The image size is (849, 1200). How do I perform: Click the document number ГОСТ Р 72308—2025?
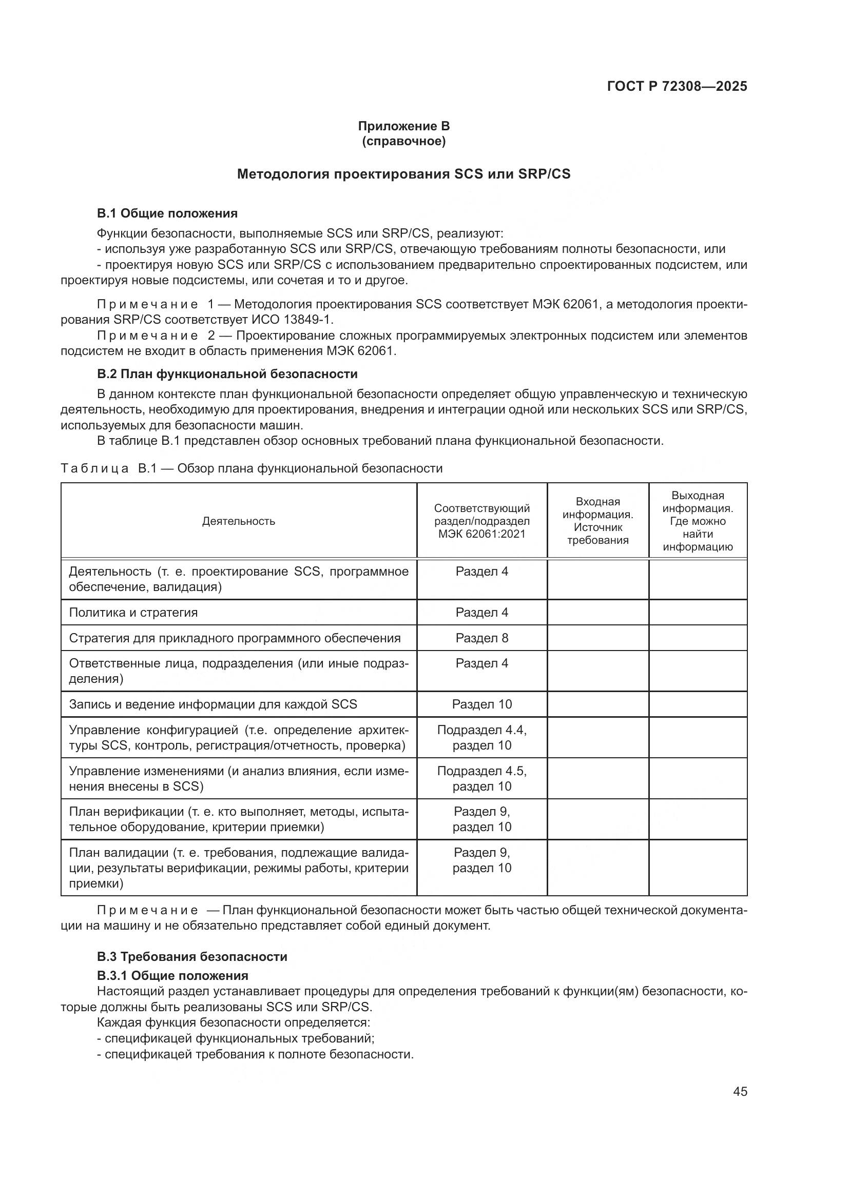tap(677, 87)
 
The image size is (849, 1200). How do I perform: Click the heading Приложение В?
tap(403, 126)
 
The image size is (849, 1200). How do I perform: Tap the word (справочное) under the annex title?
tap(403, 142)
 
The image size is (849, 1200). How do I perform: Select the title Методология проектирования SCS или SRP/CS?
tap(403, 174)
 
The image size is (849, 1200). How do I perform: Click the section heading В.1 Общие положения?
tap(167, 213)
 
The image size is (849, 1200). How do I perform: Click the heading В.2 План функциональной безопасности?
tap(227, 373)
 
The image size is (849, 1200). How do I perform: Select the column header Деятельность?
tap(238, 521)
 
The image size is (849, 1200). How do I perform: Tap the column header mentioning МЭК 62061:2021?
tap(481, 521)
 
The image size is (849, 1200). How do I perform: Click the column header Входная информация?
tap(597, 521)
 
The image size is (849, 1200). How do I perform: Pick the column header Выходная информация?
tap(698, 521)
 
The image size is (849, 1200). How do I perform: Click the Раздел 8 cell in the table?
tap(481, 638)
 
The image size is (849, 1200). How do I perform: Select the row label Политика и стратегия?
tap(133, 613)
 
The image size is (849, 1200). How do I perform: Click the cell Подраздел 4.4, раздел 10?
tap(481, 737)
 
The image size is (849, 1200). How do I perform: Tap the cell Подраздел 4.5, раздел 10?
tap(481, 779)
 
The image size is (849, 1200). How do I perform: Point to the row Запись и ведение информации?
tap(213, 704)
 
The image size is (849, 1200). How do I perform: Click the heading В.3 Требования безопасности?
tap(192, 957)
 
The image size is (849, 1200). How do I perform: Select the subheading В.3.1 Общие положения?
tap(172, 976)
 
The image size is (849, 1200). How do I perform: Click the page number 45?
tap(740, 1091)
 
